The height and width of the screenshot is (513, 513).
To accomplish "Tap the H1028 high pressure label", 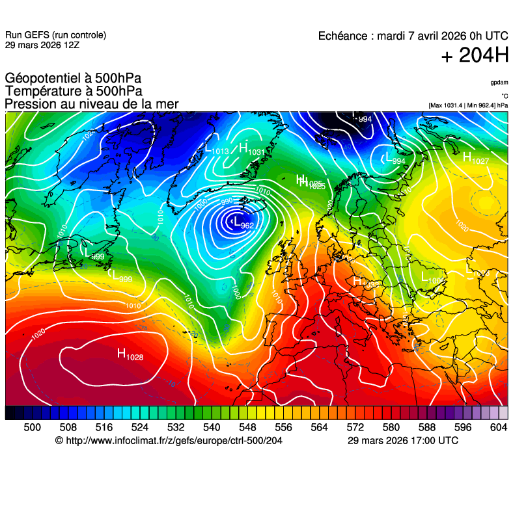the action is click(130, 354).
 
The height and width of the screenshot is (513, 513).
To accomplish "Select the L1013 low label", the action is click(217, 149).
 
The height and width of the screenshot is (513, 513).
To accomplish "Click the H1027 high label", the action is click(475, 158).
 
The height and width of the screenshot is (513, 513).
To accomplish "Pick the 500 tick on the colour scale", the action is click(32, 427).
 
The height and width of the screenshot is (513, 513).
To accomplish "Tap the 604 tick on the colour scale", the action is click(499, 427).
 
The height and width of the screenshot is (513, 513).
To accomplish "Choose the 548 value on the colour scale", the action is click(247, 427).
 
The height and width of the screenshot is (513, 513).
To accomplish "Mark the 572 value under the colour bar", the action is click(355, 427).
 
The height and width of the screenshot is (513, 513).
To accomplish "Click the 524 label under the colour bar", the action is click(140, 427).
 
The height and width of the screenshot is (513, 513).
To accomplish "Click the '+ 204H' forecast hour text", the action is click(475, 56).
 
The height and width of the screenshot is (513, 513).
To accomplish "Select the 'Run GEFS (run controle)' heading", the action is click(55, 35).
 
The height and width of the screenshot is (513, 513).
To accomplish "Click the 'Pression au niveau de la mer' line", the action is click(91, 104).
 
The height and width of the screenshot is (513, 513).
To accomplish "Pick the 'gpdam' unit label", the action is click(499, 83).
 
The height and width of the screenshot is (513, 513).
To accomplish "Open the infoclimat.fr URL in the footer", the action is click(169, 441).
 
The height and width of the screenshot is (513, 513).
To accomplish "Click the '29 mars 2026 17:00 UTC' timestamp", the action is click(402, 441).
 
